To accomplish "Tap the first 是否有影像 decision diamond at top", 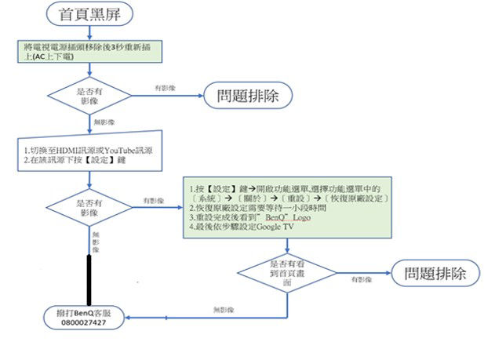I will (x=91, y=96).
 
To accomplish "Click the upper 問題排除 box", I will (x=248, y=96).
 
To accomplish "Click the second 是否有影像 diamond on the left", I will (x=91, y=207).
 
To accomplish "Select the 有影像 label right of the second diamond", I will (x=153, y=202).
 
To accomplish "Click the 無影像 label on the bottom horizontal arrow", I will (x=224, y=311).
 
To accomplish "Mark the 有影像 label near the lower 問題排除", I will (x=361, y=278).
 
